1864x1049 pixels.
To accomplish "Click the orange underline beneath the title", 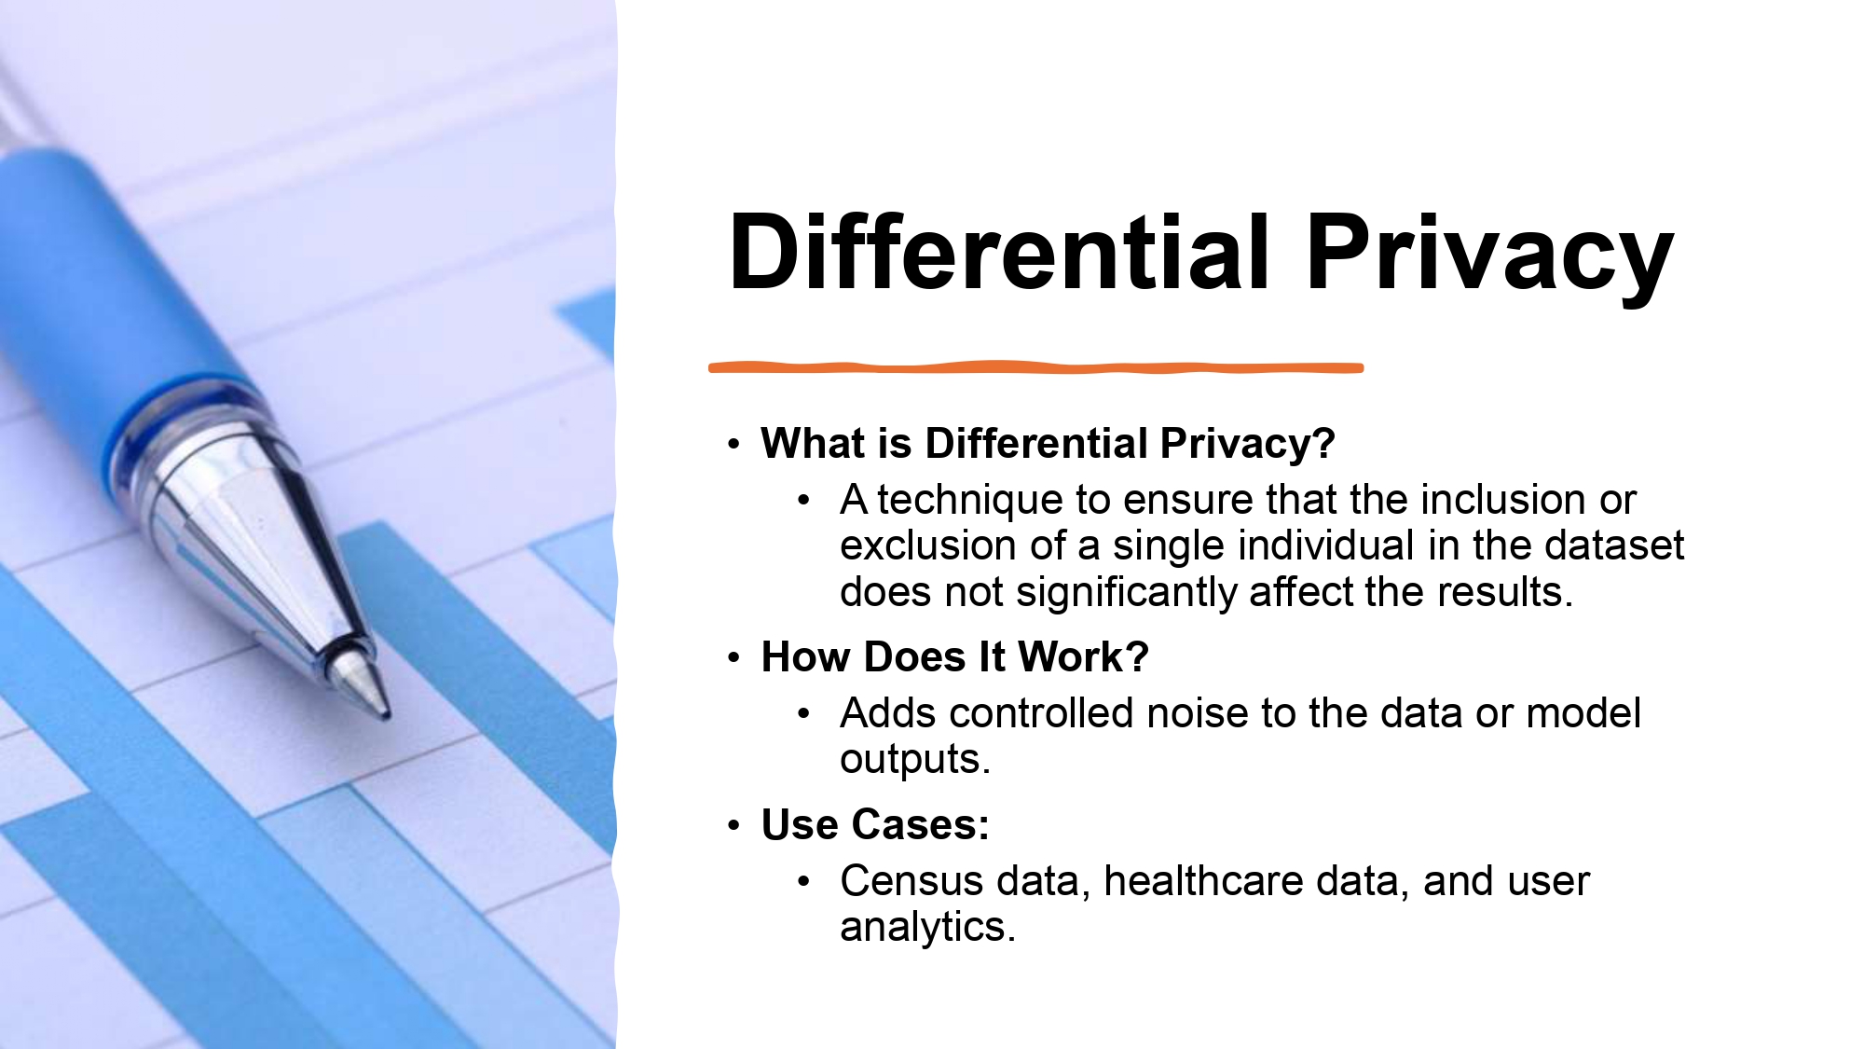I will pos(1035,367).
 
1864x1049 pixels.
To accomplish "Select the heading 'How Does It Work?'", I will pos(954,656).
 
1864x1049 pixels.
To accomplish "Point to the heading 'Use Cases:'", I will pos(875,824).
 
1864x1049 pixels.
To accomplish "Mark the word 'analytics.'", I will pos(927,927).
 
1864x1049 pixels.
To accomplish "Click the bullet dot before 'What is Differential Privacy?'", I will pos(734,445).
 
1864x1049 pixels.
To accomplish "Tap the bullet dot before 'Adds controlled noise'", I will pos(804,715).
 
